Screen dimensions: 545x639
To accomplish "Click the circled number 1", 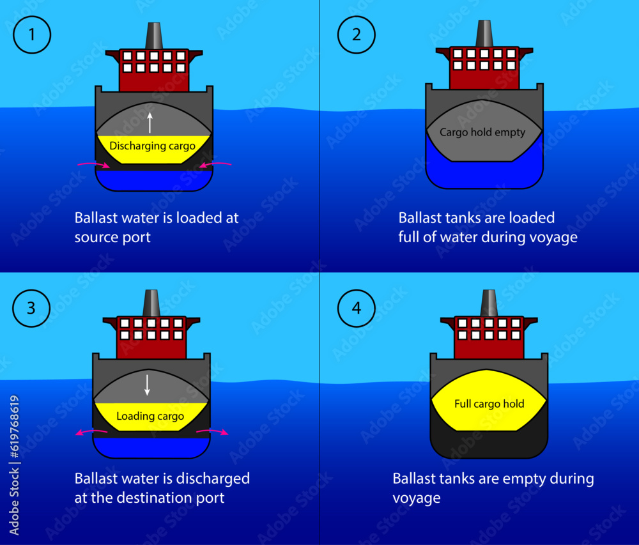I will (x=32, y=35).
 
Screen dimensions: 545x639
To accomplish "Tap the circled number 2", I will (x=357, y=35).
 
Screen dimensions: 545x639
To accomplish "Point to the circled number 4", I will (x=357, y=308).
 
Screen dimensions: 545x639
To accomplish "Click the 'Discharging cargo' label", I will (x=153, y=146).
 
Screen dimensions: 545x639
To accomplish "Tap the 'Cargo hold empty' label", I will (x=482, y=132).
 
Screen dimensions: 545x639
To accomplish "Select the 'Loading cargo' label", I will (x=150, y=417).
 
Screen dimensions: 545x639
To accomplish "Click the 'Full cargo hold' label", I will (x=489, y=404).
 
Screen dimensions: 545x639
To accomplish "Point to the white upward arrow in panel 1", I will (x=151, y=122).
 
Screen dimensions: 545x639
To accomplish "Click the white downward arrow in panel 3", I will (x=148, y=384).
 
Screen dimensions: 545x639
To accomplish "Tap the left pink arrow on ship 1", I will (x=93, y=165).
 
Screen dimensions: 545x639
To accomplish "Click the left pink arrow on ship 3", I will (x=90, y=433).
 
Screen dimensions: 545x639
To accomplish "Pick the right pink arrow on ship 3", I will (x=212, y=433).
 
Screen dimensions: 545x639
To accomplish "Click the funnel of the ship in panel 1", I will (x=153, y=36).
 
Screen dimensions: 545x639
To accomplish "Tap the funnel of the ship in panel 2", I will (x=484, y=34).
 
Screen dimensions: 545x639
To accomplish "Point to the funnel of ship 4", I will (x=488, y=303).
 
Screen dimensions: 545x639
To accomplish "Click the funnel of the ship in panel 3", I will (x=151, y=303).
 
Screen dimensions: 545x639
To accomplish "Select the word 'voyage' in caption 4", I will (x=417, y=498).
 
